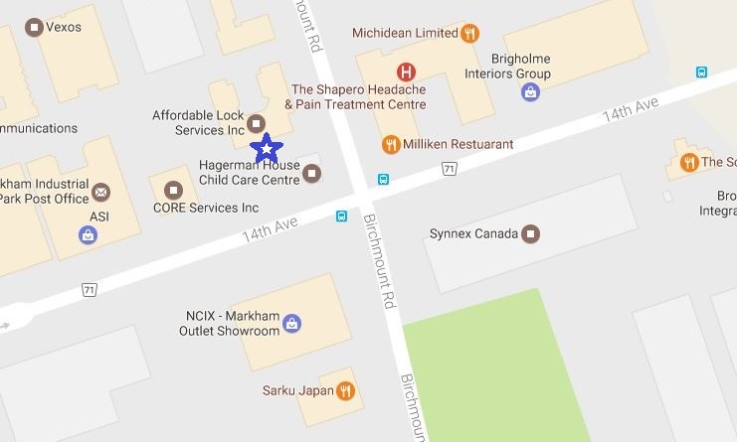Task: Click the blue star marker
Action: [x=267, y=149]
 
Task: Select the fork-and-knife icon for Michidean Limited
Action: [x=470, y=33]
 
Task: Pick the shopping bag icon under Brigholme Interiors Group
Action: [x=531, y=92]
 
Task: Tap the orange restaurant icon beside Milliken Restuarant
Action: [x=392, y=145]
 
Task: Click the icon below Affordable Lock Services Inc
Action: [x=256, y=123]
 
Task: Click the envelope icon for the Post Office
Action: [x=100, y=191]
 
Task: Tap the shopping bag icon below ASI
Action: [x=89, y=235]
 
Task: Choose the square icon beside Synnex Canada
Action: [x=531, y=234]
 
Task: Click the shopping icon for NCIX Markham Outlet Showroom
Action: [x=291, y=323]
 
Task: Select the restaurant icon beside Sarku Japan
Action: [x=345, y=390]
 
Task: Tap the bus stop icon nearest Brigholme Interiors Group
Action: [x=702, y=72]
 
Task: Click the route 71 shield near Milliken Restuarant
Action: [x=450, y=170]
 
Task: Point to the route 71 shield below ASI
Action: [x=90, y=289]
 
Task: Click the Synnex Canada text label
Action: [x=473, y=234]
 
